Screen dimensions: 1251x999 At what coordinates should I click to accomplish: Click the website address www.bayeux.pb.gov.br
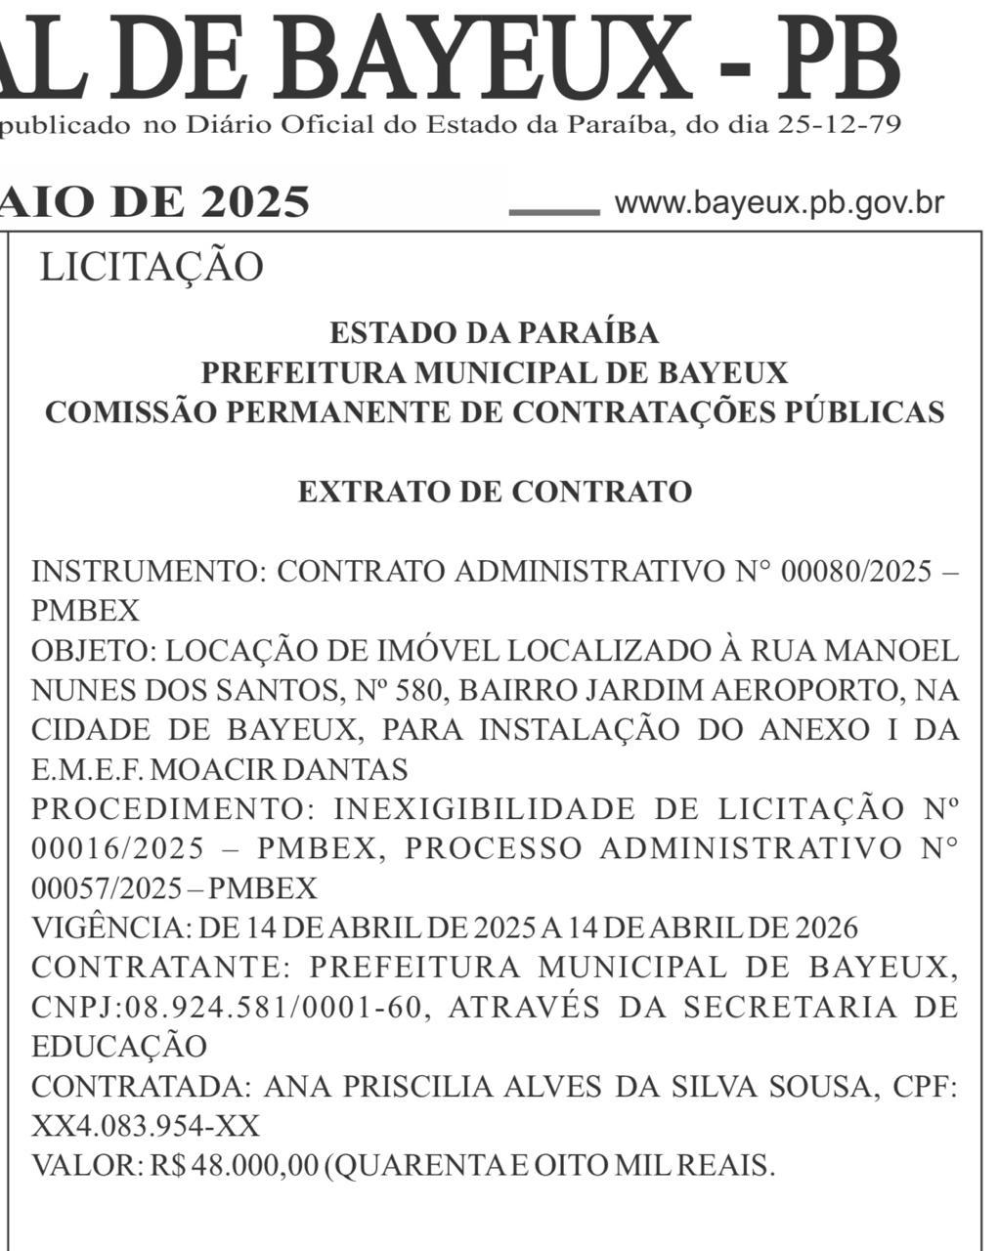pyautogui.click(x=779, y=203)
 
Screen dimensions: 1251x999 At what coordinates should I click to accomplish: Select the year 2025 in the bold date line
pyautogui.click(x=256, y=202)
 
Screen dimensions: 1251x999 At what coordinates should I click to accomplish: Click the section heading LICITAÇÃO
pyautogui.click(x=152, y=267)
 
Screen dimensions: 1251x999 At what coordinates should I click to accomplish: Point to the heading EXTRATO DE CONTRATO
pyautogui.click(x=495, y=491)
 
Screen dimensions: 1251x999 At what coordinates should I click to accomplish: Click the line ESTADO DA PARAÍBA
pyautogui.click(x=495, y=333)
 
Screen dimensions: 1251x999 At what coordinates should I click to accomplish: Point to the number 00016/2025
pyautogui.click(x=117, y=848)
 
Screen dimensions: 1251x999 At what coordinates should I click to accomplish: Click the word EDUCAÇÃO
pyautogui.click(x=119, y=1047)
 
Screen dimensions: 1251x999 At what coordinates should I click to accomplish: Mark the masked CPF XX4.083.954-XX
pyautogui.click(x=146, y=1127)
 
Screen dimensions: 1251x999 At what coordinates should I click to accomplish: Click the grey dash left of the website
pyautogui.click(x=554, y=211)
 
